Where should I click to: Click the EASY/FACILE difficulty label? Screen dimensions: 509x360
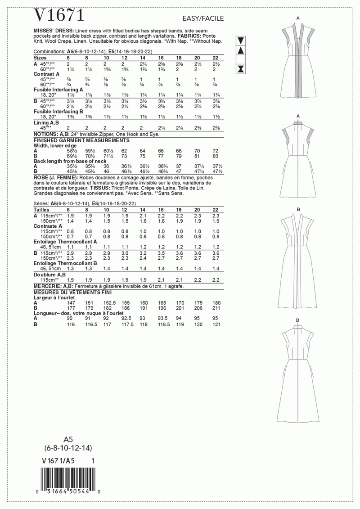[x=202, y=18]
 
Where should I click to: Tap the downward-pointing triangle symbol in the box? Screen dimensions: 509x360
[x=240, y=40]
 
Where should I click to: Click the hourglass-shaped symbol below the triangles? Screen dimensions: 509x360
[x=240, y=68]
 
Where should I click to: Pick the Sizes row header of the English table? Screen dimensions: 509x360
[x=40, y=58]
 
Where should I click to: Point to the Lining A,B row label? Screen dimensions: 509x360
[x=46, y=123]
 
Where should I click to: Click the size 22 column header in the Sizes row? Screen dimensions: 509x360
[x=215, y=58]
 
